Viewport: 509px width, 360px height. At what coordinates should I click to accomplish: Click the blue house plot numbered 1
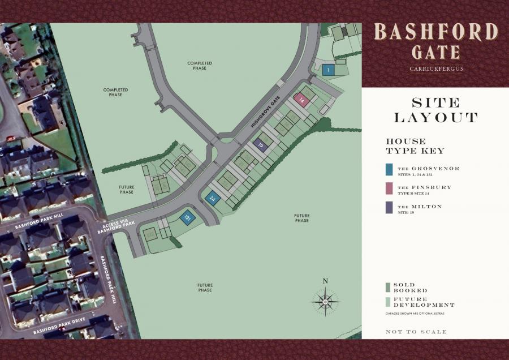pyautogui.click(x=328, y=70)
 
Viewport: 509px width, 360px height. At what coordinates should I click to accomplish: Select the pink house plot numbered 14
pyautogui.click(x=302, y=100)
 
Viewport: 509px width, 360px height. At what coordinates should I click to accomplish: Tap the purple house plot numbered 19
pyautogui.click(x=260, y=144)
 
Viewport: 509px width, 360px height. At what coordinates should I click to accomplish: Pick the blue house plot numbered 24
pyautogui.click(x=213, y=198)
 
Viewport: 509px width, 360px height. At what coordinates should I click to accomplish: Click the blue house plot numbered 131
pyautogui.click(x=187, y=217)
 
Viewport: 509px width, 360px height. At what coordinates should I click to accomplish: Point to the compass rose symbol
pyautogui.click(x=325, y=301)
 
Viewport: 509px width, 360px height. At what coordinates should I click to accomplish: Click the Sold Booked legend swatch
pyautogui.click(x=388, y=287)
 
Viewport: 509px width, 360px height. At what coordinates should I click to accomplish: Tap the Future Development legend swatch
pyautogui.click(x=388, y=302)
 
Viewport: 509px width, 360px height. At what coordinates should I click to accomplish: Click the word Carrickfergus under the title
pyautogui.click(x=435, y=69)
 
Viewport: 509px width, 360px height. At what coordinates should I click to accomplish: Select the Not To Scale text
pyautogui.click(x=416, y=332)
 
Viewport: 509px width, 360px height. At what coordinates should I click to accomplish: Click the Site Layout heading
pyautogui.click(x=435, y=110)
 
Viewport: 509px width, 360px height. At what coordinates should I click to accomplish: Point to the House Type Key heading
pyautogui.click(x=415, y=146)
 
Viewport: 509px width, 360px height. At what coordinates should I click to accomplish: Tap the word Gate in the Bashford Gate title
pyautogui.click(x=435, y=52)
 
